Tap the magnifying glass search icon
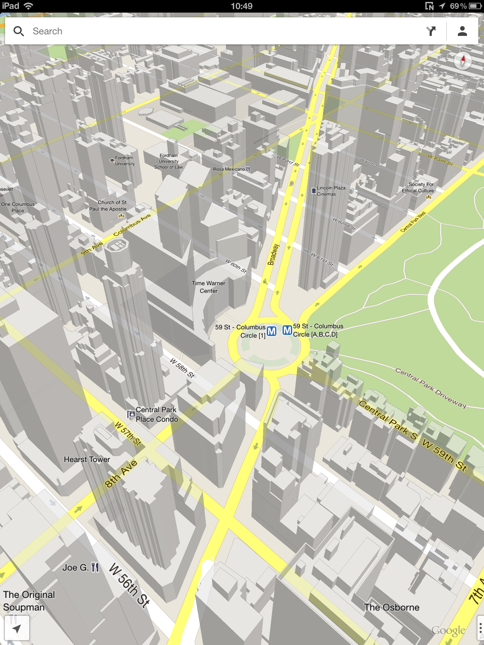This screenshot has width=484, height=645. [19, 31]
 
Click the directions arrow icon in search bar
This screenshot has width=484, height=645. [431, 31]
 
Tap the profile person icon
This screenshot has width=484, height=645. [462, 31]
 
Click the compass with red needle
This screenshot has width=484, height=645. [463, 60]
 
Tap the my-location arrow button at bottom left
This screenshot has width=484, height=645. [17, 629]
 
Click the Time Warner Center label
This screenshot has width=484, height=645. [208, 287]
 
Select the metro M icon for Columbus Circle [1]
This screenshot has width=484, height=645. [271, 331]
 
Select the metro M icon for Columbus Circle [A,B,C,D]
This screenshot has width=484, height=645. [287, 330]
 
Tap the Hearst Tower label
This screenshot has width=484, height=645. [87, 459]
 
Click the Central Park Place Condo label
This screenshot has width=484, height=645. [156, 414]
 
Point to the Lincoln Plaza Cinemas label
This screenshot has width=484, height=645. [331, 191]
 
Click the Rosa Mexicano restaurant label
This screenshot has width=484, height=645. [229, 169]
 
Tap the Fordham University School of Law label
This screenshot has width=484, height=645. [169, 161]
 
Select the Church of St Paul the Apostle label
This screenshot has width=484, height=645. [108, 206]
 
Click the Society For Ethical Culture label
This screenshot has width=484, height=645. [418, 187]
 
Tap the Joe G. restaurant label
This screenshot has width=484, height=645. [76, 568]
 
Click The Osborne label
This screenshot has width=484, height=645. [391, 607]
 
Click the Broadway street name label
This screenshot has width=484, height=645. [273, 254]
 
